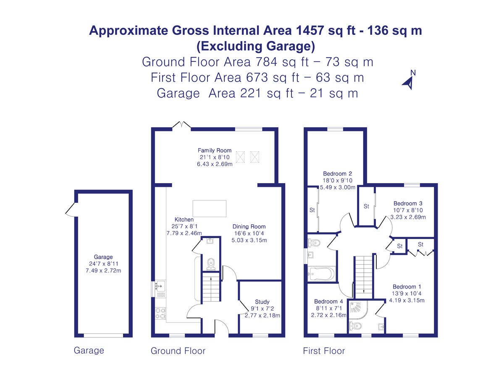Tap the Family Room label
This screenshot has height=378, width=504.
215,150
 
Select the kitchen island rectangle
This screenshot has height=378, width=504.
209,209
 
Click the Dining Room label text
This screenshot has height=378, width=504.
249,226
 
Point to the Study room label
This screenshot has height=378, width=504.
262,302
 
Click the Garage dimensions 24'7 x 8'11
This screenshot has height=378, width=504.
103,264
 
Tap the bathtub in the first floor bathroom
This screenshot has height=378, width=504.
321,274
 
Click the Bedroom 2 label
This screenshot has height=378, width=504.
337,173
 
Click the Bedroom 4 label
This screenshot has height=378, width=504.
328,302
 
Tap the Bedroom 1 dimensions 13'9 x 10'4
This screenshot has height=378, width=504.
407,294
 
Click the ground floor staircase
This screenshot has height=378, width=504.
211,287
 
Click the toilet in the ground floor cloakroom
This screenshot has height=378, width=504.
211,263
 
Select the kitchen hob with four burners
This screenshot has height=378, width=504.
160,313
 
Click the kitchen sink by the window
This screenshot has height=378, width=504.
160,286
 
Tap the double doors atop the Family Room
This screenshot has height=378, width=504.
183,125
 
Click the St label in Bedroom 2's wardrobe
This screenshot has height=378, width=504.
312,210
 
